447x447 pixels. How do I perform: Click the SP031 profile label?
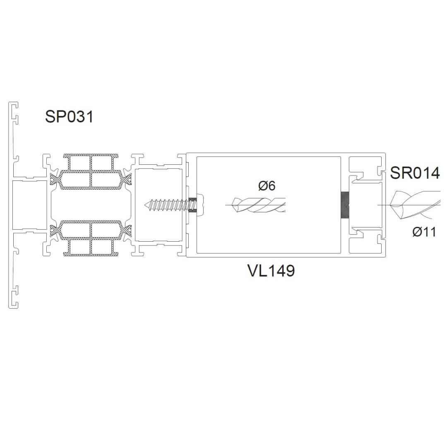(69, 117)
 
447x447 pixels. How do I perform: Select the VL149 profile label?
(271, 271)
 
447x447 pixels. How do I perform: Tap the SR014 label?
(415, 173)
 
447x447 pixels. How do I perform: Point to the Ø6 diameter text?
(267, 186)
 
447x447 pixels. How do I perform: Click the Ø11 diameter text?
(424, 232)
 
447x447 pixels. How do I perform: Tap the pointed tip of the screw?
(145, 205)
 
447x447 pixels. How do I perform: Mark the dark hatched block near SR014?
(345, 205)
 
